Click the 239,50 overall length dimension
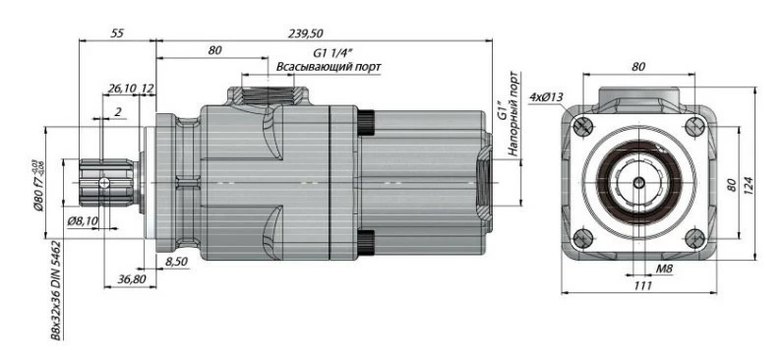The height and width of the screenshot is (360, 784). pyautogui.click(x=306, y=33)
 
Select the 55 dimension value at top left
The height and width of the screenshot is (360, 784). pyautogui.click(x=117, y=33)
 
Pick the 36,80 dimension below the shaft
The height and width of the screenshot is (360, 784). pyautogui.click(x=132, y=279)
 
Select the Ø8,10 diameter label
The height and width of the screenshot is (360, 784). pyautogui.click(x=83, y=220)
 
